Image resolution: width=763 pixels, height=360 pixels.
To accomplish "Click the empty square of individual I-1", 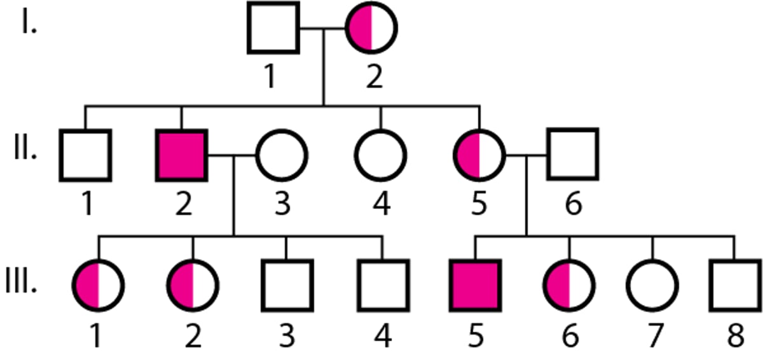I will click(x=273, y=27).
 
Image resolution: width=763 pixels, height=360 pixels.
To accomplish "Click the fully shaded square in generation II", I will click(x=182, y=155).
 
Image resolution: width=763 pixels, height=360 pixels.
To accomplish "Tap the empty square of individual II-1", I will click(x=86, y=155).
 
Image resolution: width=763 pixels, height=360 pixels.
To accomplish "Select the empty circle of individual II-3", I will click(x=282, y=155).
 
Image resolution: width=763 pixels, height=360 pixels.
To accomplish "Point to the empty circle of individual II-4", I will click(x=380, y=155).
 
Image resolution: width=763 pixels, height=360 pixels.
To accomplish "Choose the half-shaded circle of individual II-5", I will click(x=479, y=155).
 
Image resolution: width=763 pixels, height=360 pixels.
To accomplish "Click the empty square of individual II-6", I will click(x=573, y=155).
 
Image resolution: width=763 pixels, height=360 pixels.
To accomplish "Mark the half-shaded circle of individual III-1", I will click(x=98, y=284).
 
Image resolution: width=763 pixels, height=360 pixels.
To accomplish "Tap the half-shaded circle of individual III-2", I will click(x=193, y=284).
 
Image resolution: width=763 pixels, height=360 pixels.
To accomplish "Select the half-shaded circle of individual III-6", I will click(x=570, y=284).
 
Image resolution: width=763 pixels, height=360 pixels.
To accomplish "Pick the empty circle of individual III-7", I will click(x=652, y=284).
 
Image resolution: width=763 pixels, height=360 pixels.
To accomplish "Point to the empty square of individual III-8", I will click(x=735, y=284).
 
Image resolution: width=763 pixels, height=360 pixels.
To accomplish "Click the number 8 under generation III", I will click(x=735, y=335).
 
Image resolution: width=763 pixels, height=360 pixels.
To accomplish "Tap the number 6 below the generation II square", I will click(x=573, y=205).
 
